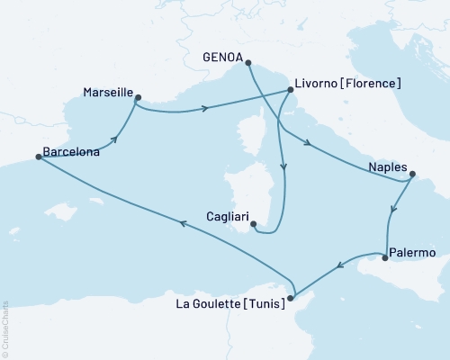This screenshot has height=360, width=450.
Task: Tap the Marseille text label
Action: (x=108, y=93)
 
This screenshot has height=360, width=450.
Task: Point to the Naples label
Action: (x=387, y=166)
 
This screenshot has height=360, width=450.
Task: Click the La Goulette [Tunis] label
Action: (x=231, y=304)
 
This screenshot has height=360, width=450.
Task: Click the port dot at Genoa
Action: (x=247, y=63)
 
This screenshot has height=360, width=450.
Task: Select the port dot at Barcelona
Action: (x=38, y=157)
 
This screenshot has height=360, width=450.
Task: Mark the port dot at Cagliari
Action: (x=253, y=224)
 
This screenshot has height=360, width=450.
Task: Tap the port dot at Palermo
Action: (x=385, y=259)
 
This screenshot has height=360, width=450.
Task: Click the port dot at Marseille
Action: (x=138, y=97)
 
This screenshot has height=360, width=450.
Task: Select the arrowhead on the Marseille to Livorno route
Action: (x=206, y=109)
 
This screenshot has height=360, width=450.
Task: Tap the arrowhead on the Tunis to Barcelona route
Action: (x=184, y=225)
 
